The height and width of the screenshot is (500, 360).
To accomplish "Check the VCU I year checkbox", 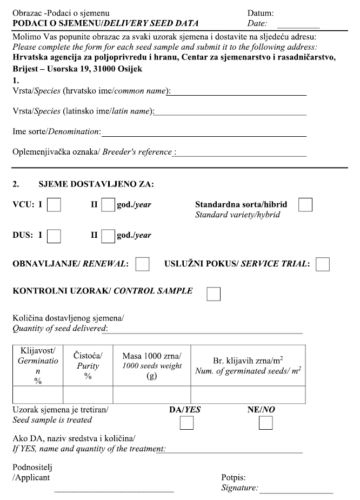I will coord(54,205).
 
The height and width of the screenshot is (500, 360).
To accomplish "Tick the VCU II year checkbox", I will coord(108,205).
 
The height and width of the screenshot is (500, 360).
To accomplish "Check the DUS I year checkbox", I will coord(54,236).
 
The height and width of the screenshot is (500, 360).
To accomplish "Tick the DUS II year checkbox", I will coord(108,236).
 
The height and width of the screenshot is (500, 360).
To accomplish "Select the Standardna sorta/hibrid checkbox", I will coord(305,205).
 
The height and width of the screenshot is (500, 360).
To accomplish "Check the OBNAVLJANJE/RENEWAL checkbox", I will coord(143,264).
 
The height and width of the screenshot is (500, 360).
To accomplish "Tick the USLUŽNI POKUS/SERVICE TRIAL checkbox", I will coord(323,264).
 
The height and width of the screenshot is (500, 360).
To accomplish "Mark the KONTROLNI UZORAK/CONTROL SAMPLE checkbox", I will coord(214,292).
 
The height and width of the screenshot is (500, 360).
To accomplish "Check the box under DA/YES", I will coord(186,423).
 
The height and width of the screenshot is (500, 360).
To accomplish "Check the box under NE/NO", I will coord(265,423).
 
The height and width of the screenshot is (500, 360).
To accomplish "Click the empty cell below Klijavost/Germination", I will coord(38,395).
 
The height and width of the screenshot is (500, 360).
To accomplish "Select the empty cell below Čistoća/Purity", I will coord(88,395).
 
